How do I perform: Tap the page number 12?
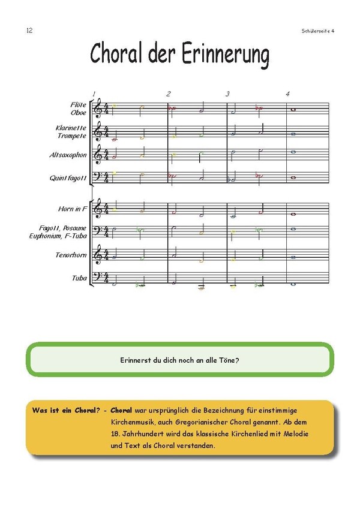pyautogui.click(x=29, y=31)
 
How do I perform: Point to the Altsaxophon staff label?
pyautogui.click(x=68, y=155)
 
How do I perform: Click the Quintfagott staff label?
pyautogui.click(x=68, y=177)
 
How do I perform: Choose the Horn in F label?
pyautogui.click(x=72, y=209)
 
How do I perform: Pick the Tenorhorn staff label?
pyautogui.click(x=71, y=255)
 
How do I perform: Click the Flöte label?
pyautogui.click(x=78, y=105)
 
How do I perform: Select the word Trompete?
pyautogui.click(x=72, y=135)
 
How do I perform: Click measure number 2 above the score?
pyautogui.click(x=169, y=94)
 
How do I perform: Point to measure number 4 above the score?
pyautogui.click(x=288, y=94)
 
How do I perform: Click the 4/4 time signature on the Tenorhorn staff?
pyautogui.click(x=107, y=255)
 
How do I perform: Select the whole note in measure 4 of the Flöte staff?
pyautogui.click(x=293, y=109)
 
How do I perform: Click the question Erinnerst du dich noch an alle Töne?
pyautogui.click(x=180, y=360)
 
